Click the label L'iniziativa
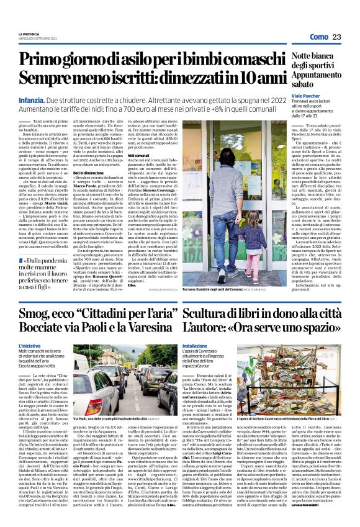pos(29,345)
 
